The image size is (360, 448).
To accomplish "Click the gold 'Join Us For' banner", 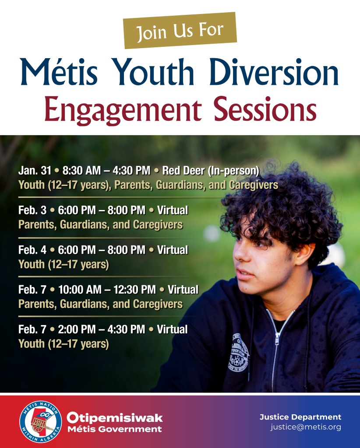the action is (x=180, y=30).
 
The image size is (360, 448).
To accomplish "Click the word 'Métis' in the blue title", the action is (x=59, y=71).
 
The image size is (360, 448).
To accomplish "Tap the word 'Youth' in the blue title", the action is (x=154, y=71).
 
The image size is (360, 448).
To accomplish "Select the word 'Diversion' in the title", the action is (x=274, y=71).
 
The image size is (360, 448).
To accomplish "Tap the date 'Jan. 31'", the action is (x=35, y=171).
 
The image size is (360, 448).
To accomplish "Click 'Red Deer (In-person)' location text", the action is (x=211, y=171).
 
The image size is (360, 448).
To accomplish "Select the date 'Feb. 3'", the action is (x=32, y=210).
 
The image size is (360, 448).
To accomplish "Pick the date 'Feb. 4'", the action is (x=32, y=250).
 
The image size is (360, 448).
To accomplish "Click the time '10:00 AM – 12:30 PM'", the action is (x=107, y=290).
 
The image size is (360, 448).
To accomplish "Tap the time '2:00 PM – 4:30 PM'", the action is (x=102, y=329).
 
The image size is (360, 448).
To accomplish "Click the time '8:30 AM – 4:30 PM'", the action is (x=106, y=171).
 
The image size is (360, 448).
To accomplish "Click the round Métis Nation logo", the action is (x=41, y=422).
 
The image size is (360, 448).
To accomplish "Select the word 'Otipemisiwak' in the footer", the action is (x=115, y=418).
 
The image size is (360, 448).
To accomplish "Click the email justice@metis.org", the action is (x=306, y=427).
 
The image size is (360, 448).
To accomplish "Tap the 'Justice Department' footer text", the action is (x=300, y=417).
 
